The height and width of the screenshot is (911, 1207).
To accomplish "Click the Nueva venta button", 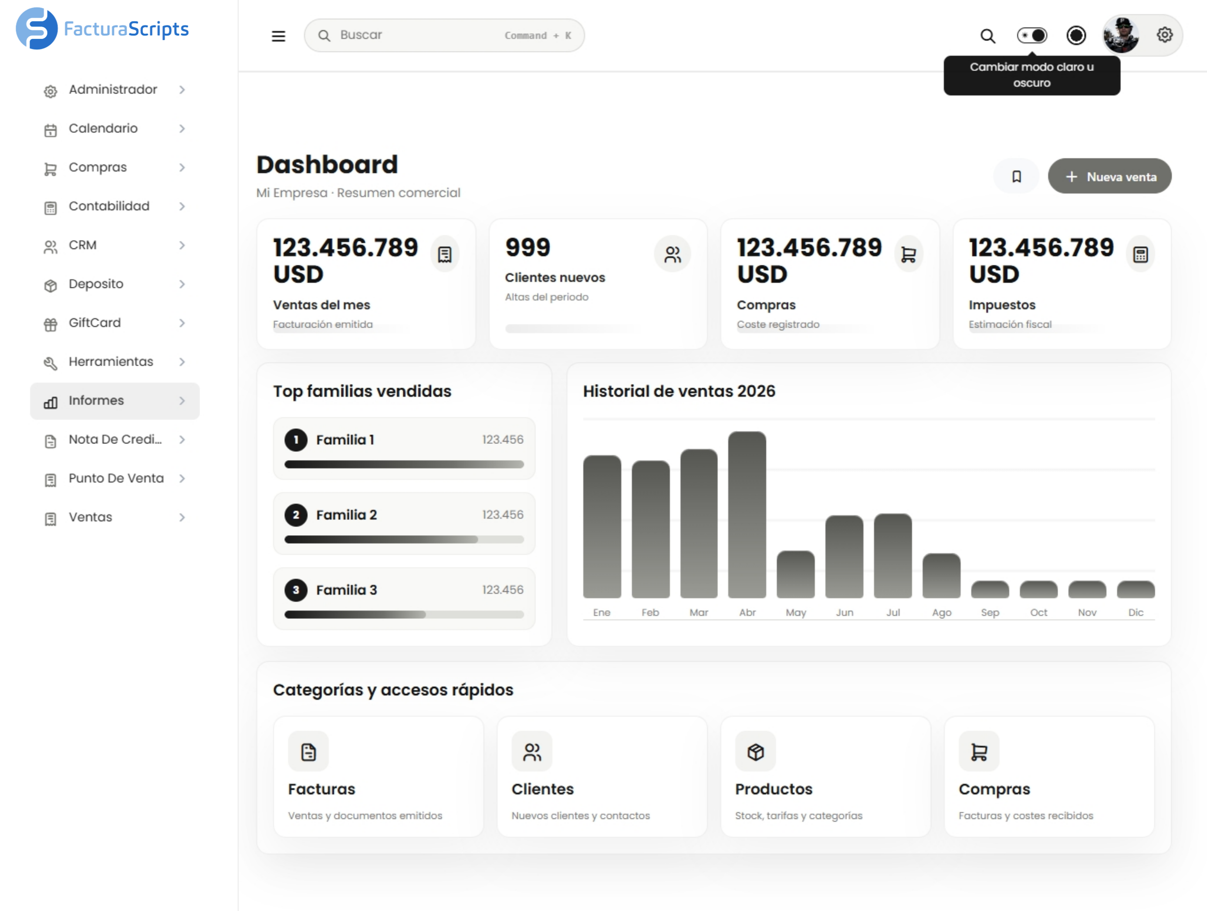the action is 1109,176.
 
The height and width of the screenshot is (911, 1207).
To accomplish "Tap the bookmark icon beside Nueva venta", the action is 1017,176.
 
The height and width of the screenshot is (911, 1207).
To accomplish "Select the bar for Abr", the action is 747,515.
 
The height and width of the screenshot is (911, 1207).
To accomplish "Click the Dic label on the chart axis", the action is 1136,613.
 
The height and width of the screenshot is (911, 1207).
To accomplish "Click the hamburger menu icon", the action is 278,36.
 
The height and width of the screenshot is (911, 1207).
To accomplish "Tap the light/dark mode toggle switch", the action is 1032,36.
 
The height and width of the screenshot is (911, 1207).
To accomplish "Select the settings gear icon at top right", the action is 1164,35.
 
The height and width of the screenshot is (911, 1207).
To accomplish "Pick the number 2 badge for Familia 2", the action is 296,515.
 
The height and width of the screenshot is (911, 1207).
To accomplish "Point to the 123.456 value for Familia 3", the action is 503,590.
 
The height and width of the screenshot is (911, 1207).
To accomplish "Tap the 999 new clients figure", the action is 528,248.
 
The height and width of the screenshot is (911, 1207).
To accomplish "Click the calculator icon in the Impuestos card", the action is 1140,254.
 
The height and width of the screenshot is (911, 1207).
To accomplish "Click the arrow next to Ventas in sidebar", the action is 182,517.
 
